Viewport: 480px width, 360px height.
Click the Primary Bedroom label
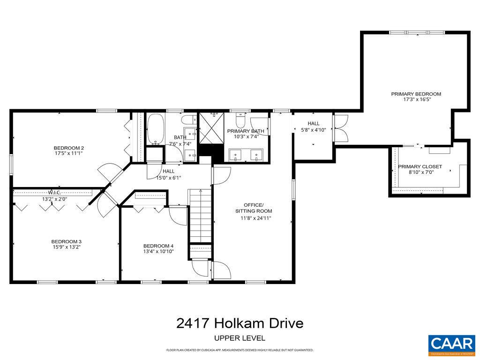click(416, 94)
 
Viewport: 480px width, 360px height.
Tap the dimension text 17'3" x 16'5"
click(416, 99)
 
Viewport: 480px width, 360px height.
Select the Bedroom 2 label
click(68, 148)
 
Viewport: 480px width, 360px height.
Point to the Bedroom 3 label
click(66, 241)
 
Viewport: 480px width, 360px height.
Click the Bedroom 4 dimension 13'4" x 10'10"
click(158, 252)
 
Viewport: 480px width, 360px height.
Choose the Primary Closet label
click(420, 166)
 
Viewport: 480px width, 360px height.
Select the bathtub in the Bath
click(155, 130)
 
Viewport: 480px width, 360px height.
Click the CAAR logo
click(451, 344)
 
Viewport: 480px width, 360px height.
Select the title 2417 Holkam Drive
click(240, 323)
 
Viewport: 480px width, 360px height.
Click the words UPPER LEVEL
click(240, 338)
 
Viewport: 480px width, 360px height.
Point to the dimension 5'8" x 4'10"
click(314, 130)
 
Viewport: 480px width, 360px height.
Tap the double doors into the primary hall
click(340, 128)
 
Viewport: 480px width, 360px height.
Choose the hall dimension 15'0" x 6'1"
click(168, 178)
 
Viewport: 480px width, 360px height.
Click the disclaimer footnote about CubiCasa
click(240, 350)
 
